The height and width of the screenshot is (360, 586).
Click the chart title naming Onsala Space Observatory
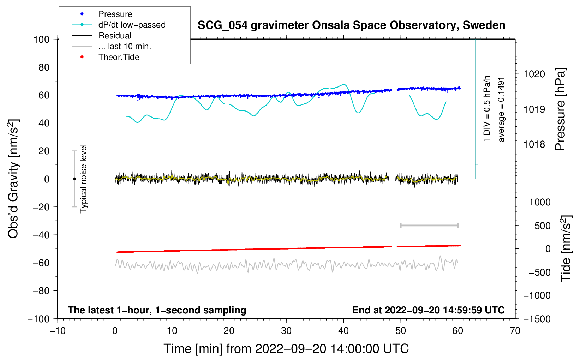tap(351, 25)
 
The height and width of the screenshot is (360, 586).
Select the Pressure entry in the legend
tap(115, 14)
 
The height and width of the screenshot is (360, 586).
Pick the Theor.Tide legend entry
tap(119, 57)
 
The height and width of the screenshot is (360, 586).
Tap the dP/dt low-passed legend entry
tap(132, 25)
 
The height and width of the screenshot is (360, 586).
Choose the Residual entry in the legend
tap(115, 36)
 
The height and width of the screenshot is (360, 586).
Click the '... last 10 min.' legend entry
tap(125, 46)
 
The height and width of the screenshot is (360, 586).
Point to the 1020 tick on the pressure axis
tap(534, 74)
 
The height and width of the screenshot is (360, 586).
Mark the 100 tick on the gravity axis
tap(41, 39)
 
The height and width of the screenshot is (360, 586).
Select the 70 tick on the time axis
tap(515, 331)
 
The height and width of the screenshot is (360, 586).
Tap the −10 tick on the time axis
tap(58, 331)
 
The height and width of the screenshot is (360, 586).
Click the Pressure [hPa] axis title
tap(560, 109)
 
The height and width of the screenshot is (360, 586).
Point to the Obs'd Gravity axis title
tap(13, 179)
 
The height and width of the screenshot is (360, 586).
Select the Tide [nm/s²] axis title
tap(566, 248)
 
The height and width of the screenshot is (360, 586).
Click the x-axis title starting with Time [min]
tap(286, 349)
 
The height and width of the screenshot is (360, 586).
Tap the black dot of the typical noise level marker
tap(74, 179)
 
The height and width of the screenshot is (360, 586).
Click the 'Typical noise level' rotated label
tap(83, 179)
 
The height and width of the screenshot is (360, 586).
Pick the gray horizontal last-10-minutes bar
tap(429, 226)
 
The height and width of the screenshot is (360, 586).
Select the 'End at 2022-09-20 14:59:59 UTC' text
tap(428, 310)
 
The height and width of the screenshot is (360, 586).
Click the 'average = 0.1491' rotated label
tap(501, 109)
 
